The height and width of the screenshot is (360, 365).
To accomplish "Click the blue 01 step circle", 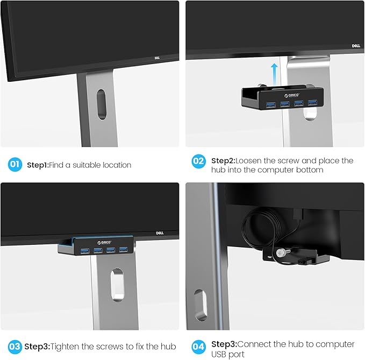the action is click(15, 165).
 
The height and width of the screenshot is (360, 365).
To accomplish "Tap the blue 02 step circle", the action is click(198, 161).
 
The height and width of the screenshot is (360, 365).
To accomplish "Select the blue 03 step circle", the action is click(15, 347).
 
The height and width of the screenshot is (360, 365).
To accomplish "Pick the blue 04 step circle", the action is click(198, 347).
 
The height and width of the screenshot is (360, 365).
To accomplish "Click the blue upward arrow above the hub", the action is click(275, 74).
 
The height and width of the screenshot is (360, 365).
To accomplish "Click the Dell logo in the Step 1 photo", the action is click(157, 58).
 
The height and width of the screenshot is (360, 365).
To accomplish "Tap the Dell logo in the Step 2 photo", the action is click(356, 46).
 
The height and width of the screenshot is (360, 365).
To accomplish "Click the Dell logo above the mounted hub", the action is click(160, 233).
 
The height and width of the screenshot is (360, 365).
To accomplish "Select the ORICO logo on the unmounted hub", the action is click(292, 95).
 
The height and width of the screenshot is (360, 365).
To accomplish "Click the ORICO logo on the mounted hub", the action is click(104, 243).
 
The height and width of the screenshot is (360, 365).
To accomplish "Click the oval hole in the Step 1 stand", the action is click(102, 104).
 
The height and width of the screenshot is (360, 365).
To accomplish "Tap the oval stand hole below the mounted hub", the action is click(117, 285).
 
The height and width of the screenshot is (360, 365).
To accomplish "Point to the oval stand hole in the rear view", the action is click(201, 305).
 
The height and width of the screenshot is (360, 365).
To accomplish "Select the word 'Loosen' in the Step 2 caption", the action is click(248, 161).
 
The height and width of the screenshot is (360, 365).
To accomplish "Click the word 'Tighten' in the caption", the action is click(65, 347).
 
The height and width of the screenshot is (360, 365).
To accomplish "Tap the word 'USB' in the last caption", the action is click(218, 355).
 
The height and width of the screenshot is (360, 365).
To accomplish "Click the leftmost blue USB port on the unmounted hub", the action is click(271, 105).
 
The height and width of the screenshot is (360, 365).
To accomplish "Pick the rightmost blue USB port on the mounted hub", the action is click(123, 250).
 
